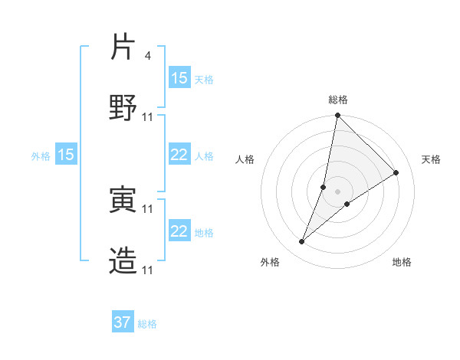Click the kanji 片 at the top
click(123, 47)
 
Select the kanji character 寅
click(123, 200)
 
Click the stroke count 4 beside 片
click(147, 56)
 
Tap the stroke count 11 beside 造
click(148, 270)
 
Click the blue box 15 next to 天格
click(179, 78)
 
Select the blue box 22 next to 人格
click(179, 155)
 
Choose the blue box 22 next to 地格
click(179, 231)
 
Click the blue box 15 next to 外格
click(66, 155)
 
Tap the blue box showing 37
click(123, 322)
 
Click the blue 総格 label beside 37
click(147, 324)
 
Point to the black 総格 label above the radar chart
click(338, 100)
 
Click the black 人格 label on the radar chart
click(245, 159)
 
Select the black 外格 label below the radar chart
click(270, 262)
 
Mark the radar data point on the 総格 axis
click(337, 116)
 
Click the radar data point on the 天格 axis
click(396, 172)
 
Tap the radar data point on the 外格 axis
click(302, 242)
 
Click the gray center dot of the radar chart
click(338, 191)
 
